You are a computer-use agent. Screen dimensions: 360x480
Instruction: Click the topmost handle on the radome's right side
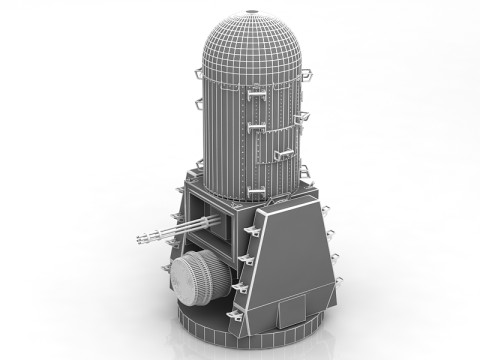(x=305, y=73)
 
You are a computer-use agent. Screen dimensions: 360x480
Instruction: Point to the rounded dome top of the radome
(x=249, y=40)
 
